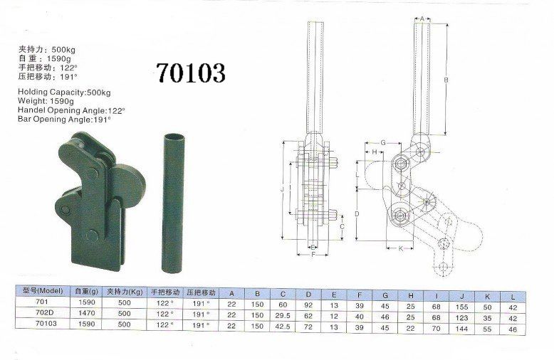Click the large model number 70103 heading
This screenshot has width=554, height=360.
pyautogui.click(x=190, y=73)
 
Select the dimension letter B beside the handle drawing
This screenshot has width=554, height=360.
pyautogui.click(x=446, y=80)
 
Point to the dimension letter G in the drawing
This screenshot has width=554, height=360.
pyautogui.click(x=383, y=143)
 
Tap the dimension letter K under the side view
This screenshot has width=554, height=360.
pyautogui.click(x=401, y=248)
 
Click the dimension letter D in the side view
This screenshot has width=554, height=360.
pyautogui.click(x=357, y=214)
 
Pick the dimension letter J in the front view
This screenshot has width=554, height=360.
pyautogui.click(x=282, y=190)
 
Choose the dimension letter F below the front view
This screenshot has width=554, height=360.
pyautogui.click(x=313, y=255)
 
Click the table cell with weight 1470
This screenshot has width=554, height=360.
pyautogui.click(x=87, y=313)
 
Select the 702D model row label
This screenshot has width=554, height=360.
pyautogui.click(x=43, y=312)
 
